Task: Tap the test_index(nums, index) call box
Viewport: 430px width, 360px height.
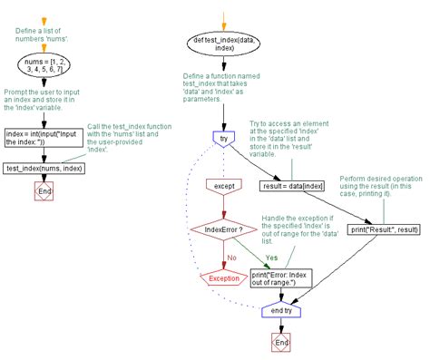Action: coord(44,169)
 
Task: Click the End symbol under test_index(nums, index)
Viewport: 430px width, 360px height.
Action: coord(44,191)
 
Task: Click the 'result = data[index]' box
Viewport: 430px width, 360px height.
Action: coord(290,186)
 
